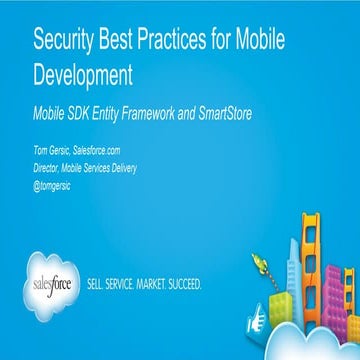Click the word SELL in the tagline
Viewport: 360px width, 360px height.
(x=99, y=284)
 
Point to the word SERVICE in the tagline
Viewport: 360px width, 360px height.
(x=129, y=284)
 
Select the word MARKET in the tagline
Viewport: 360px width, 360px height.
(x=165, y=284)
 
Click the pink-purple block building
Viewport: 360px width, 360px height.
(x=347, y=284)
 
